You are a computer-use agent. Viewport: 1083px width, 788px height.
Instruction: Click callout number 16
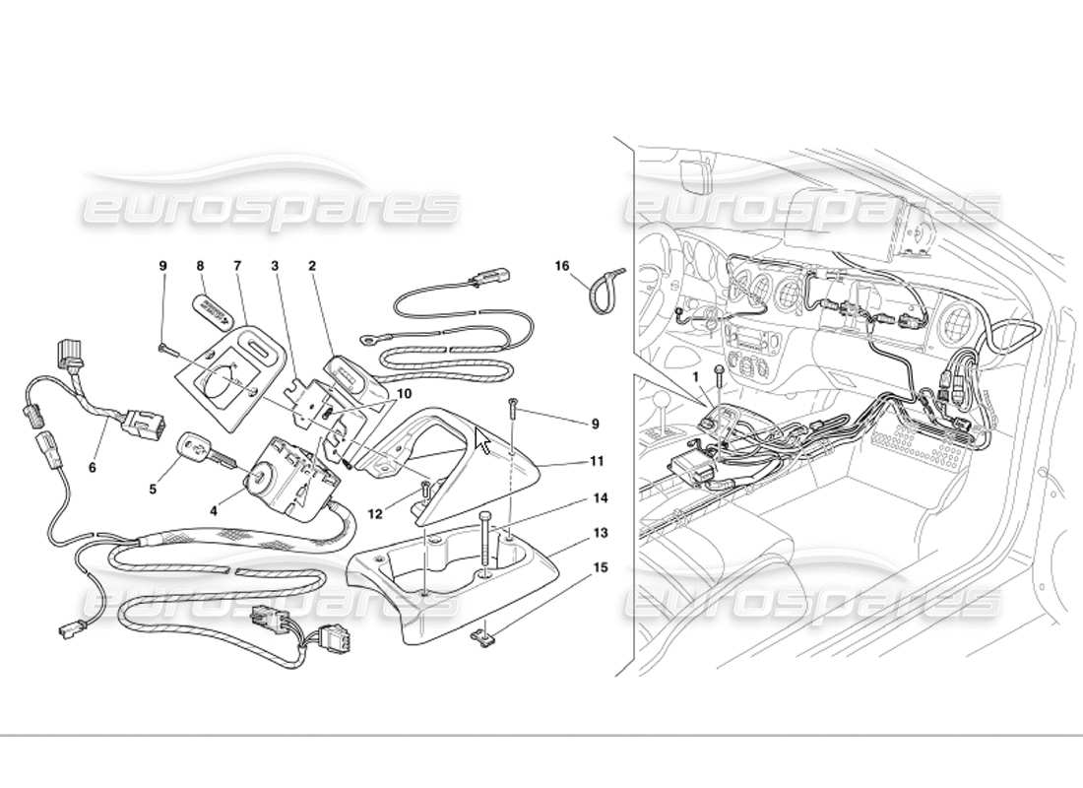(562, 266)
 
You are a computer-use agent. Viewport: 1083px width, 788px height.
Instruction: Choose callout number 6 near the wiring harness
(93, 468)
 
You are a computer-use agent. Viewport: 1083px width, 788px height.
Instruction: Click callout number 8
(200, 265)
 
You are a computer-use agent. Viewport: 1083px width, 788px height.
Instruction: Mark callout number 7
(237, 265)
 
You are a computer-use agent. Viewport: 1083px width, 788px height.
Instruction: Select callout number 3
(277, 265)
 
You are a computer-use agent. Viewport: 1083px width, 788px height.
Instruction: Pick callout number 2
(312, 265)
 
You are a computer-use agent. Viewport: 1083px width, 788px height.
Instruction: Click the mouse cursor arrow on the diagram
(481, 439)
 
